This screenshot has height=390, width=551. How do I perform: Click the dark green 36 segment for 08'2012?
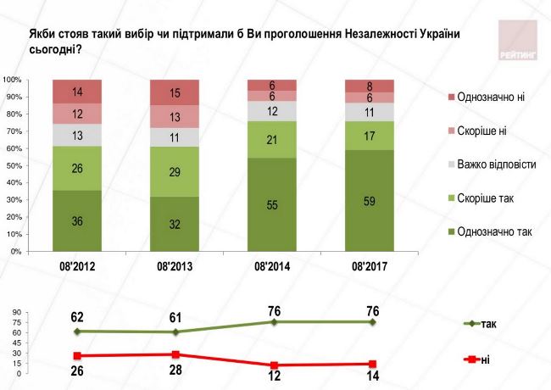(77, 220)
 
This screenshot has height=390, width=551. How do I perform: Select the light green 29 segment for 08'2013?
(175, 171)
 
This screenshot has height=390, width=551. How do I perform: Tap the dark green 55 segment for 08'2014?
(272, 205)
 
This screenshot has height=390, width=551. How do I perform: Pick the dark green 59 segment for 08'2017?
(370, 202)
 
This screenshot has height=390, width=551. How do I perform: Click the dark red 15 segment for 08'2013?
(175, 92)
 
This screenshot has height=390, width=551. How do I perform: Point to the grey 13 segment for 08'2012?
(77, 135)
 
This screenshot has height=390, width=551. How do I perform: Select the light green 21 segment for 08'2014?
(272, 139)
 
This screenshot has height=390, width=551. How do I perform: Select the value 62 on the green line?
(77, 317)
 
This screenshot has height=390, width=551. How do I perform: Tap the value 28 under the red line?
(175, 370)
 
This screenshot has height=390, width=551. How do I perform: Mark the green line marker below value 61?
(175, 331)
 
